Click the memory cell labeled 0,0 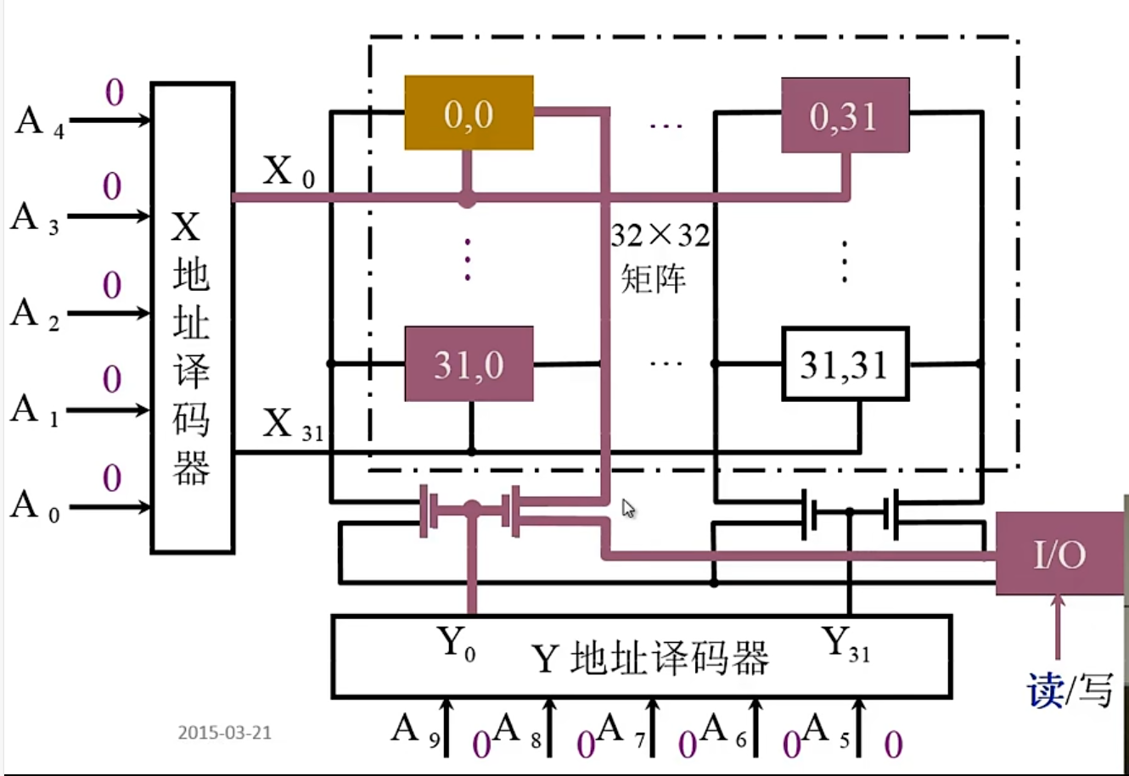point(469,113)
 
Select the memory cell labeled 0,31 point(845,115)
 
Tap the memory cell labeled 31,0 point(469,364)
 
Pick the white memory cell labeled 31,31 point(845,364)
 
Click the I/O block point(1059,554)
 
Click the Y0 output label point(456,644)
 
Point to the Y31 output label point(845,644)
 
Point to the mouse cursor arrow point(628,508)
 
